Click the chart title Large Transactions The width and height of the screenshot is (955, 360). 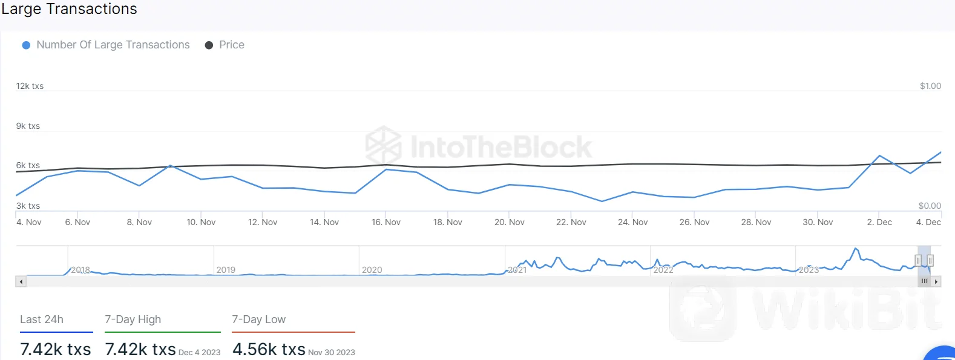[x=69, y=9]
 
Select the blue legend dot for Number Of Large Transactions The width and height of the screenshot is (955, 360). [x=26, y=45]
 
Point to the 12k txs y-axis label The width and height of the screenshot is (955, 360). [x=30, y=86]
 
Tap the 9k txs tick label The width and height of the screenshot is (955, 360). [x=28, y=126]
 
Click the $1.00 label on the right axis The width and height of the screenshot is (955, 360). [x=930, y=86]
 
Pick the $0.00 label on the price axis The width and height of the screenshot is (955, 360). [x=930, y=206]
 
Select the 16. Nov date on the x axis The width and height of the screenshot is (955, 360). [x=386, y=222]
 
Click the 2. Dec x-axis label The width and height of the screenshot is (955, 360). [x=879, y=222]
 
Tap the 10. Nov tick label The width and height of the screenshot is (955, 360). [x=201, y=222]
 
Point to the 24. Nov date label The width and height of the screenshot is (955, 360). [x=632, y=222]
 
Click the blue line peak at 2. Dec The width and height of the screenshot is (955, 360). [x=879, y=156]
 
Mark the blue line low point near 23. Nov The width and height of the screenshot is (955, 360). [x=602, y=201]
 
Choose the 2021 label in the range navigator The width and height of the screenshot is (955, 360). [x=517, y=270]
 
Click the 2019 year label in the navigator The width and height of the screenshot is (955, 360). [x=226, y=270]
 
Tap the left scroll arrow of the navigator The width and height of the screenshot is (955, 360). [x=21, y=281]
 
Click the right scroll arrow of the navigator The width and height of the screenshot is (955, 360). [x=936, y=281]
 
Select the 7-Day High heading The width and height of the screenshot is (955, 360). [x=133, y=319]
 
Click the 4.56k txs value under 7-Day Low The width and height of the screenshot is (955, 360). [x=269, y=349]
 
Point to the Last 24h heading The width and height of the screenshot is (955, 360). [x=42, y=319]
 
